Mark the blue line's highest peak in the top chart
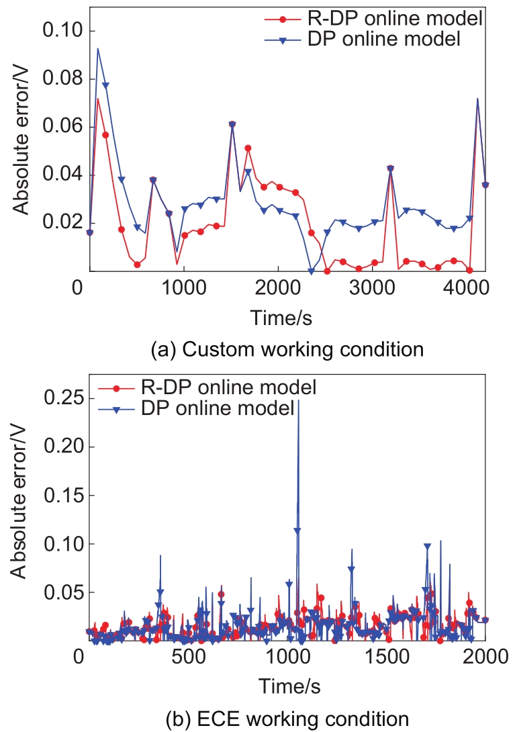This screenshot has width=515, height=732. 98,48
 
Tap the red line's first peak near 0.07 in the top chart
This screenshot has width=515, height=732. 98,99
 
